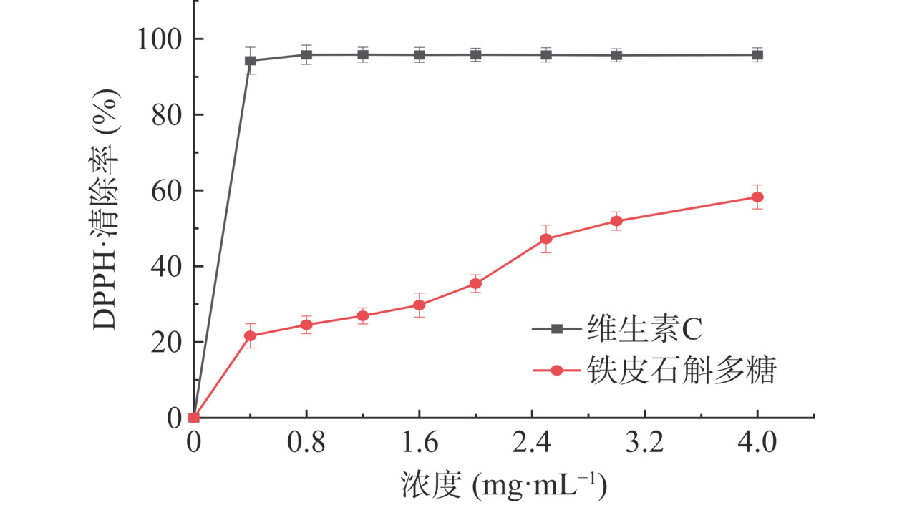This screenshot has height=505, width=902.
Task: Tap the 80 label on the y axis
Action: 166,114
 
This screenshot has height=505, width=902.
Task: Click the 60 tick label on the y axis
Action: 166,191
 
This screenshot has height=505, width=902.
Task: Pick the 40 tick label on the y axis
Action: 166,266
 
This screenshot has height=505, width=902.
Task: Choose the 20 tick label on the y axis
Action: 166,342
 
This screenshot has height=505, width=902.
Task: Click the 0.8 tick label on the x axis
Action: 306,444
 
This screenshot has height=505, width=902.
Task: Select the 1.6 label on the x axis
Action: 419,444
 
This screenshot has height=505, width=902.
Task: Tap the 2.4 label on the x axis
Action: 532,444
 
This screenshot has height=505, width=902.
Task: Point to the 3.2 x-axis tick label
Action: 644,444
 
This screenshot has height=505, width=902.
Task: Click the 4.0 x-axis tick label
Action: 757,444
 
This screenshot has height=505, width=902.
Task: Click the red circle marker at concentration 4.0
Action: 757,197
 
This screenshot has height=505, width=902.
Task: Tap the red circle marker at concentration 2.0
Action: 475,283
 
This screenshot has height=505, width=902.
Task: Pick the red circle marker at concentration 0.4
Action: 250,335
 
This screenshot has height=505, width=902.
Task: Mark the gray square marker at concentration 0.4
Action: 250,61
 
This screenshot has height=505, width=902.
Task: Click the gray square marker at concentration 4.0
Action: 757,54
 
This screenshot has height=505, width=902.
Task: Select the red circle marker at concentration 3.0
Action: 616,221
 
